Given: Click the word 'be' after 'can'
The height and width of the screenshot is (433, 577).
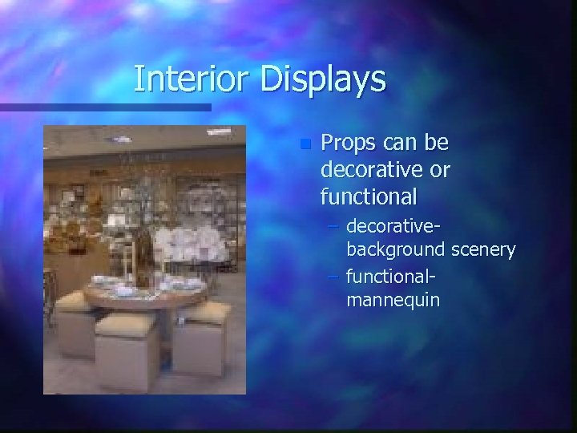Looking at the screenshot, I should [436, 144].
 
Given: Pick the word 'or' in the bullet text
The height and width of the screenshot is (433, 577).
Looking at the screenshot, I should [440, 170].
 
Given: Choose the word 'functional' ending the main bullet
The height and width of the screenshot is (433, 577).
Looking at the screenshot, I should [369, 196].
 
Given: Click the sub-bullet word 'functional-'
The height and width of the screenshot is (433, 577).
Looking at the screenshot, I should [390, 279].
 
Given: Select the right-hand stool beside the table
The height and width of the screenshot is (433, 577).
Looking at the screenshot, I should [203, 341].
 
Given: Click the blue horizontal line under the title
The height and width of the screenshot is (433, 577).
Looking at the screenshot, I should [104, 107].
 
